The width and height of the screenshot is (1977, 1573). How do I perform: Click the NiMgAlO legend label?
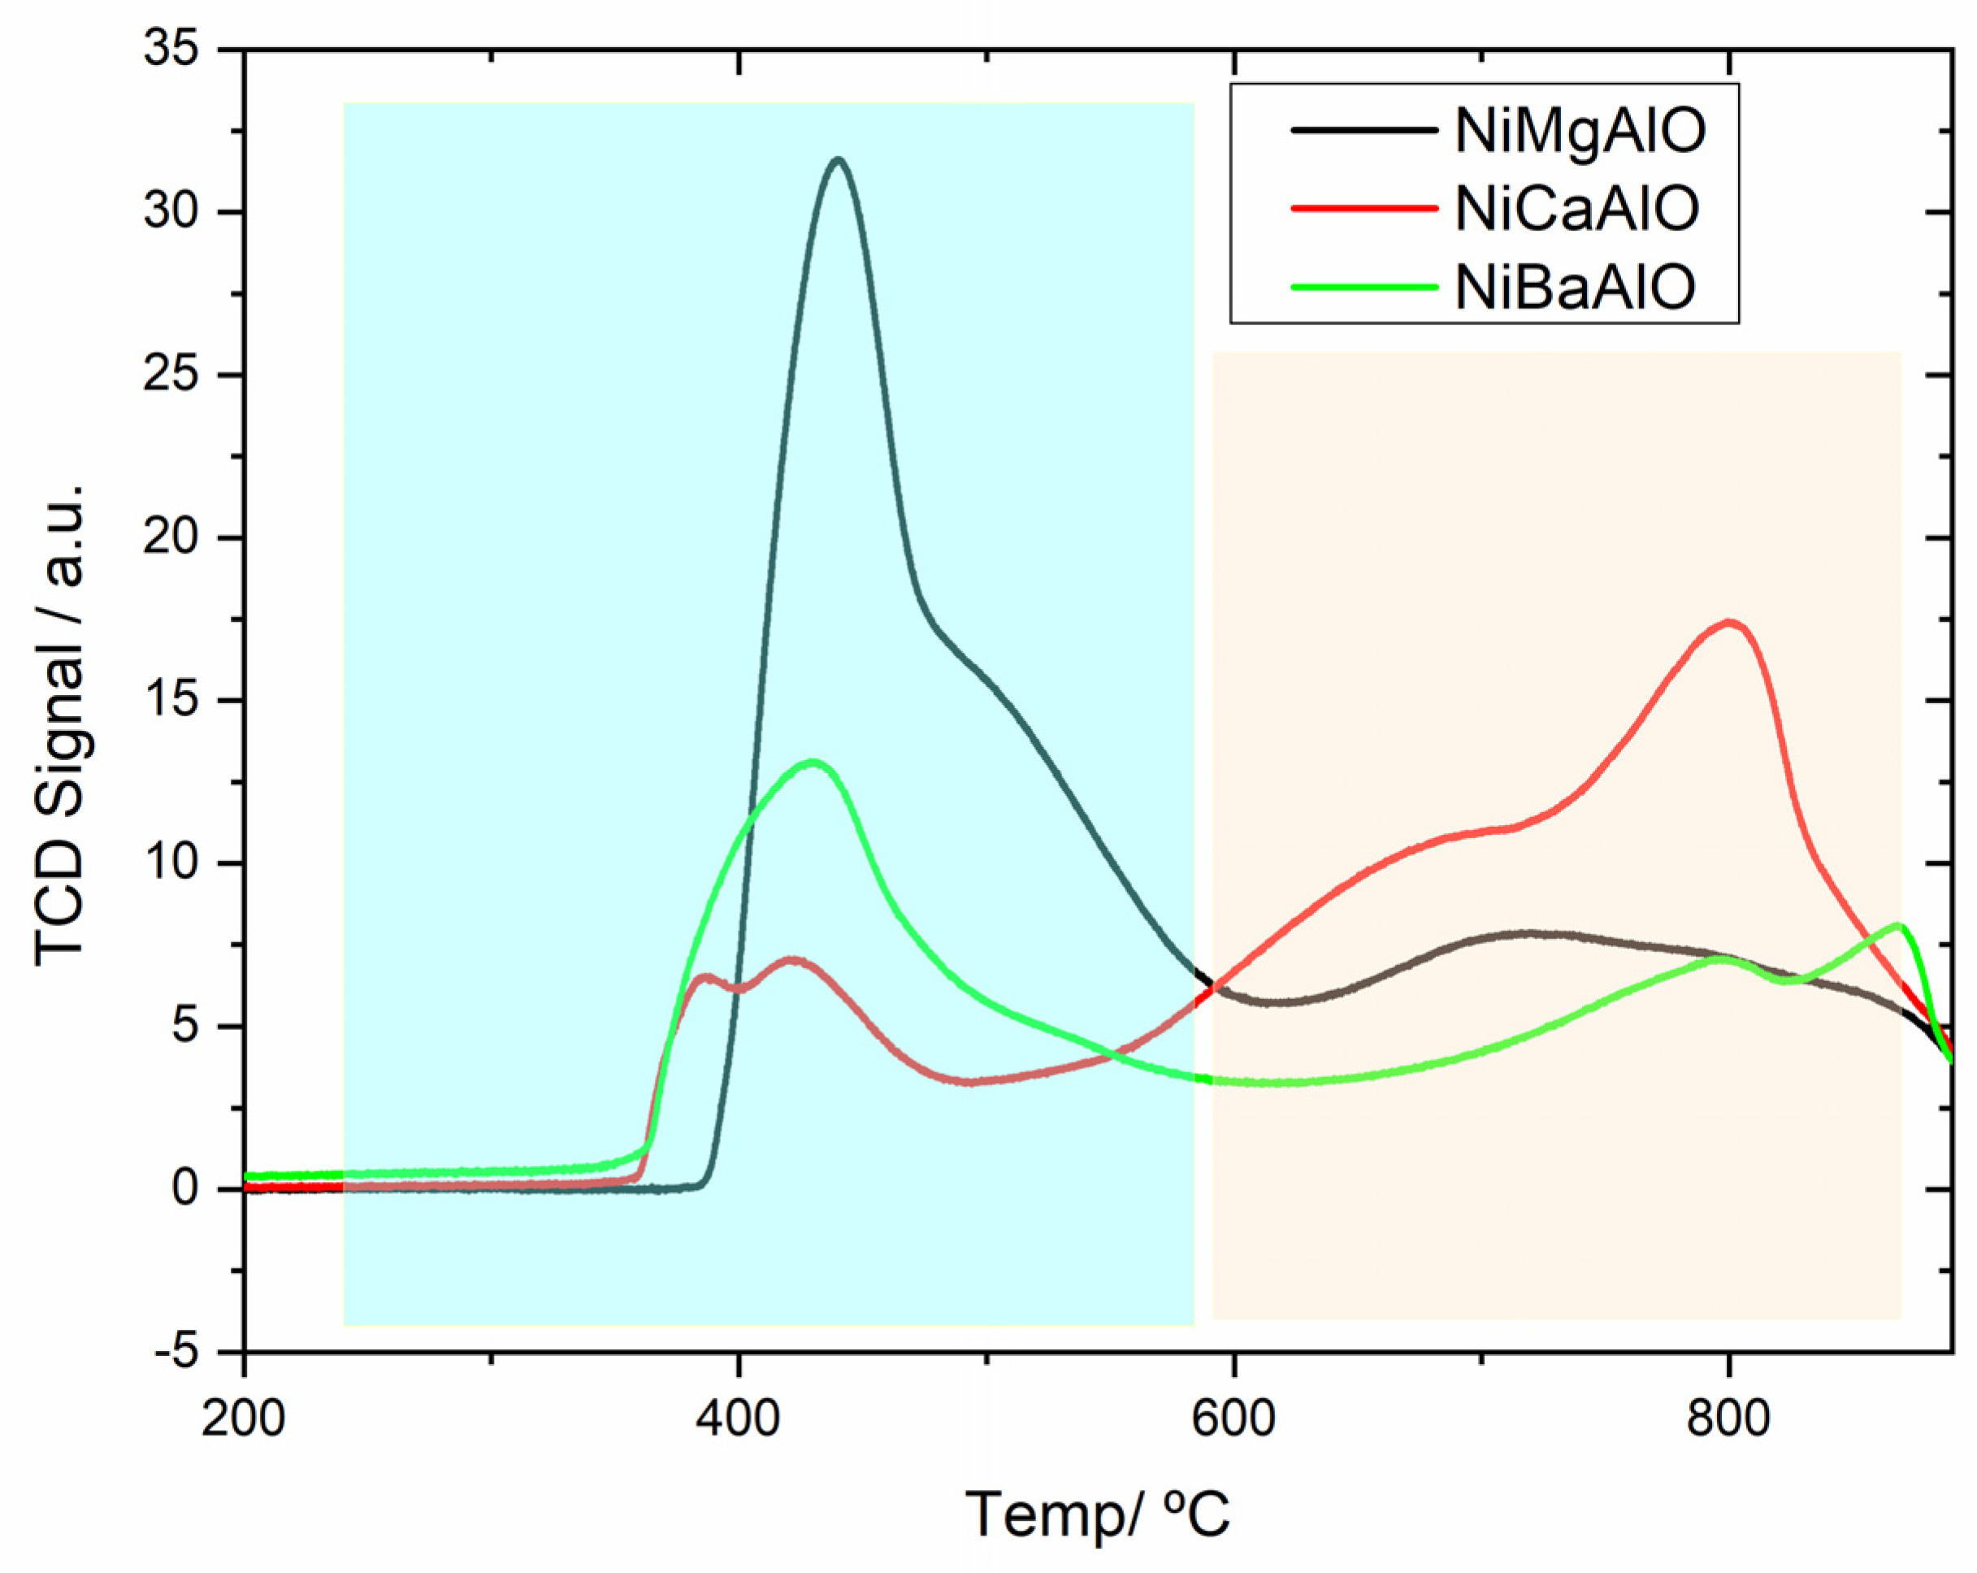pyautogui.click(x=1580, y=130)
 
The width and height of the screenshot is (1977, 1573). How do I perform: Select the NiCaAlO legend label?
pyautogui.click(x=1576, y=208)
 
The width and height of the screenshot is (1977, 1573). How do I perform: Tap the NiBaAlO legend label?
pyautogui.click(x=1575, y=286)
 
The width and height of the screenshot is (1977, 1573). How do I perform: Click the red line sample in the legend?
pyautogui.click(x=1363, y=208)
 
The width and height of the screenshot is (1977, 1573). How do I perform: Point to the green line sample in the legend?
pyautogui.click(x=1363, y=286)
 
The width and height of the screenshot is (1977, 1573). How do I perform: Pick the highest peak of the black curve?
pyautogui.click(x=837, y=159)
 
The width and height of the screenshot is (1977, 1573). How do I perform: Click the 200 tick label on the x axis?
pyautogui.click(x=244, y=1419)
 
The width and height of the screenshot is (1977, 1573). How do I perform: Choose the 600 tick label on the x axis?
pyautogui.click(x=1234, y=1419)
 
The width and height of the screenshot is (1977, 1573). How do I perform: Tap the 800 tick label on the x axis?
pyautogui.click(x=1728, y=1419)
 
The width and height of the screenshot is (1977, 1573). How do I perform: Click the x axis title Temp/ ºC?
pyautogui.click(x=1098, y=1514)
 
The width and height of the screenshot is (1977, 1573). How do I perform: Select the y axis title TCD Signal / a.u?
pyautogui.click(x=60, y=724)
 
